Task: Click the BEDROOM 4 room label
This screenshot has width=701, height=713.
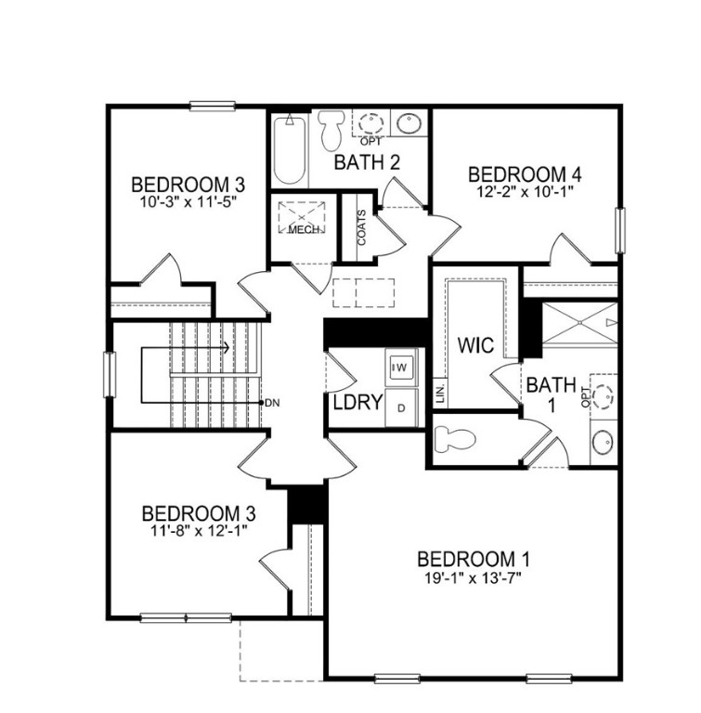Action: pyautogui.click(x=517, y=175)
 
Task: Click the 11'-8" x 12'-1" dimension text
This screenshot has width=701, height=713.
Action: pyautogui.click(x=199, y=530)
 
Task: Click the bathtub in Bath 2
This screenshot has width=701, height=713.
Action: pyautogui.click(x=290, y=149)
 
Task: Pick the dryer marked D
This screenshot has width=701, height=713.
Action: pyautogui.click(x=401, y=407)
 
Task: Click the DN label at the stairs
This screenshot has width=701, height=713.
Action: pyautogui.click(x=272, y=402)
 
